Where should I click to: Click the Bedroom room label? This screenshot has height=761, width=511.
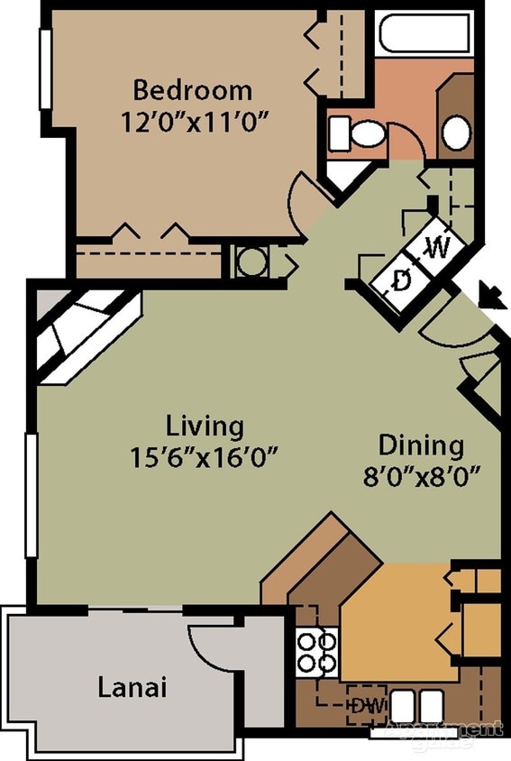coord(192,90)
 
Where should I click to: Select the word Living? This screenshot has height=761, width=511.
coord(205,425)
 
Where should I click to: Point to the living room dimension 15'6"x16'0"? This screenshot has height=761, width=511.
coord(202,454)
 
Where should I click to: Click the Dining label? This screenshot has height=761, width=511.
coord(421,445)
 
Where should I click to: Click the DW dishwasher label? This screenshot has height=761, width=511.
coord(365,703)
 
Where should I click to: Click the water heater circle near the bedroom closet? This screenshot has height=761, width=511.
coord(251,261)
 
